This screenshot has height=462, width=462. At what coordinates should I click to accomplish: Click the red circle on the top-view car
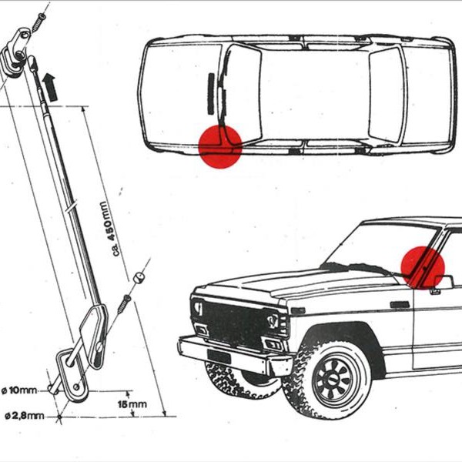(221, 146)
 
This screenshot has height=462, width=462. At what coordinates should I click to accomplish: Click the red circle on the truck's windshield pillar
(423, 267)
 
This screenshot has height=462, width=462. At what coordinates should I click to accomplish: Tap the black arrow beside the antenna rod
(50, 84)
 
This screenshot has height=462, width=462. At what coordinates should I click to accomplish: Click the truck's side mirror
(442, 282)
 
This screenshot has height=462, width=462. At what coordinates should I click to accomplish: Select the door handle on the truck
(400, 305)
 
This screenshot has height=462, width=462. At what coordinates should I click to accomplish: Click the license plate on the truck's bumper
(219, 357)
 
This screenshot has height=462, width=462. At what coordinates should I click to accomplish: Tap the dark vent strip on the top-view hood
(210, 92)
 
